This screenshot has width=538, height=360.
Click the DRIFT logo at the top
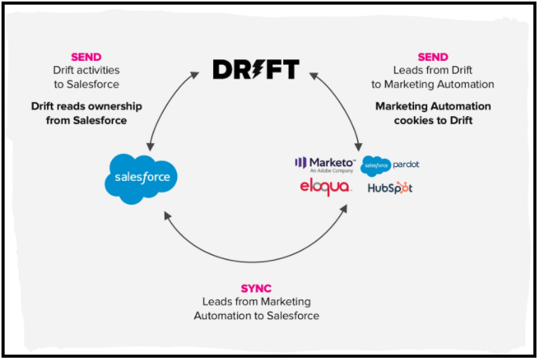[x=256, y=69]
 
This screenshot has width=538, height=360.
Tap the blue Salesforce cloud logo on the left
[x=141, y=178]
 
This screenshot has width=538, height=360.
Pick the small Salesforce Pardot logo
[x=390, y=165]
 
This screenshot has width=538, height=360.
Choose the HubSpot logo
[x=389, y=188]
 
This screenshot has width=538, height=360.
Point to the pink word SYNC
[x=256, y=288]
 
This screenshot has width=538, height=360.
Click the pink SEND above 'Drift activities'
[x=86, y=57]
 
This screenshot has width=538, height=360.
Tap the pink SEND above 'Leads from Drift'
[x=433, y=57]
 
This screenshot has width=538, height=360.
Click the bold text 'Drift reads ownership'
[x=86, y=106]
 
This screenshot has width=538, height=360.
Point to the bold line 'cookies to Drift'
[x=433, y=119]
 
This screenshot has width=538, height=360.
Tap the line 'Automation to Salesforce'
[x=256, y=315]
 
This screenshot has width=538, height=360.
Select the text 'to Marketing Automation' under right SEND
[x=433, y=84]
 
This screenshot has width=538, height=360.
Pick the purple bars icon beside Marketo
[x=301, y=162]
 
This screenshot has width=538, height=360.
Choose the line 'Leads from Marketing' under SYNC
[x=256, y=302]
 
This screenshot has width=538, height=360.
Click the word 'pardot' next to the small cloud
[x=406, y=165]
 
